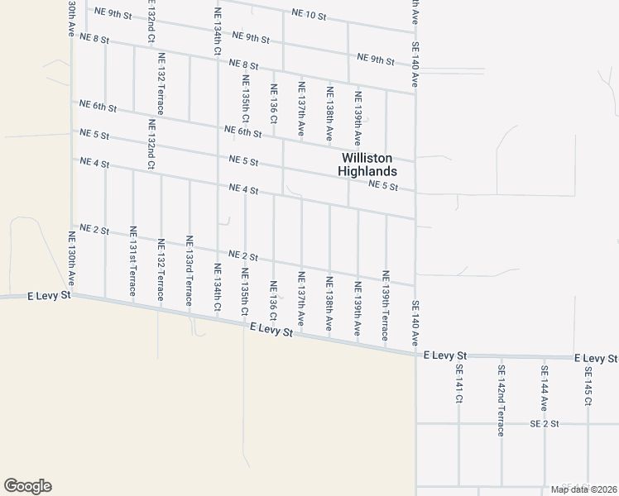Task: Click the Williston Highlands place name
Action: [367, 165]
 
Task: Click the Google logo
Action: [27, 486]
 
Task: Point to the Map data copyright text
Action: [583, 489]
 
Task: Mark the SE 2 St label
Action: [545, 423]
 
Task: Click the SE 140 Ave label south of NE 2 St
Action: [415, 324]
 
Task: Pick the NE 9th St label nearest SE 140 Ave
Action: [376, 59]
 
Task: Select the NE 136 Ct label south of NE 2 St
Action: [273, 299]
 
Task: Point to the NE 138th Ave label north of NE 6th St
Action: [329, 110]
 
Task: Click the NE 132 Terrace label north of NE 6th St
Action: [160, 86]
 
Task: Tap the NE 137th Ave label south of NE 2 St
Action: [301, 298]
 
